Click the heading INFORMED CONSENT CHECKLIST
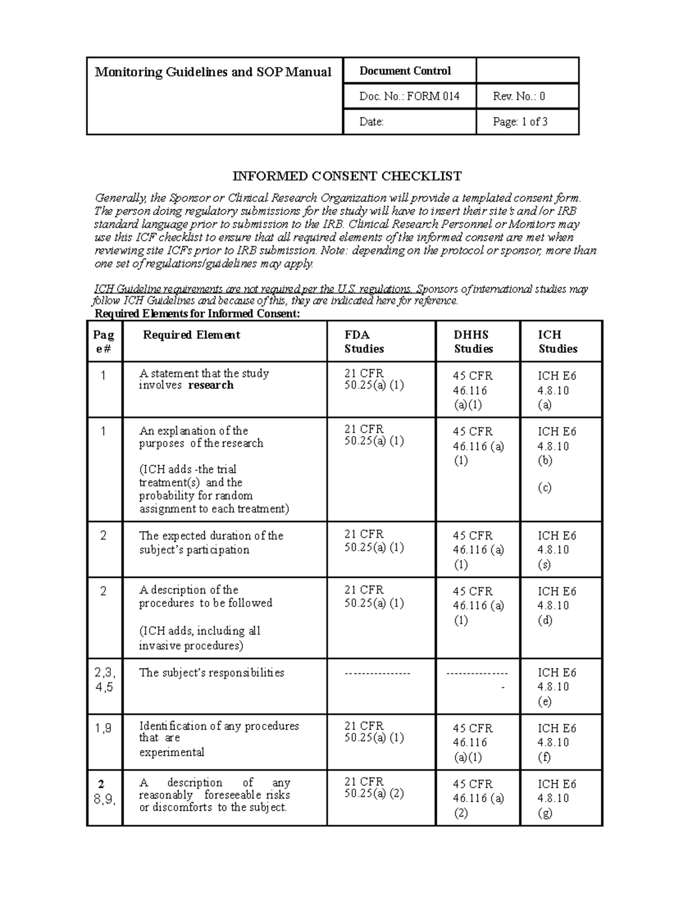tap(347, 176)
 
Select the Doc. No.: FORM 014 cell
tap(409, 96)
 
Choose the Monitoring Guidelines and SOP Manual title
tap(213, 72)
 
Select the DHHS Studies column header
tap(473, 342)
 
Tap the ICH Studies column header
tap(558, 342)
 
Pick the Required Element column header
tap(192, 335)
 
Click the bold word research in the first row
tap(211, 385)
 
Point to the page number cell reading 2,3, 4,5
tap(105, 680)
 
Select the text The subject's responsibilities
tap(211, 673)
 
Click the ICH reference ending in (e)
tap(556, 687)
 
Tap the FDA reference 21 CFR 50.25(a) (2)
tap(373, 788)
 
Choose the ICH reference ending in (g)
tap(556, 798)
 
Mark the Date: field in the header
tap(372, 122)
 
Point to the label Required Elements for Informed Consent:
tap(197, 314)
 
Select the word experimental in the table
tap(171, 752)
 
